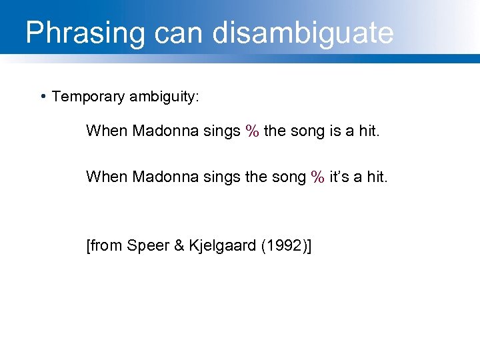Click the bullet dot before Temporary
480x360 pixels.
[x=43, y=97]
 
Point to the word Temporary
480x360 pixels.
[x=88, y=97]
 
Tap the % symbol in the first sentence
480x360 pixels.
[x=252, y=131]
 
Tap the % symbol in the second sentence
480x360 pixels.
[x=317, y=177]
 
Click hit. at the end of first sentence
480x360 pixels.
[x=368, y=131]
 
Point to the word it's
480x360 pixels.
[x=341, y=177]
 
